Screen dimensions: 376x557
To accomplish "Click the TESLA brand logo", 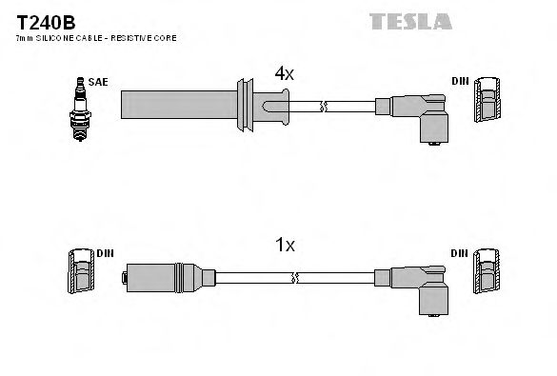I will [x=410, y=20].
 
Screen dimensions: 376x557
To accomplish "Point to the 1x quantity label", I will [x=285, y=246].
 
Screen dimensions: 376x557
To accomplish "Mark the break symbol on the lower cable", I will [x=297, y=278].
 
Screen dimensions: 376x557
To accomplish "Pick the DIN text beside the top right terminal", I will [x=460, y=82].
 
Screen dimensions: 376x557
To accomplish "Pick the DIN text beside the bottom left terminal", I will [x=104, y=254].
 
